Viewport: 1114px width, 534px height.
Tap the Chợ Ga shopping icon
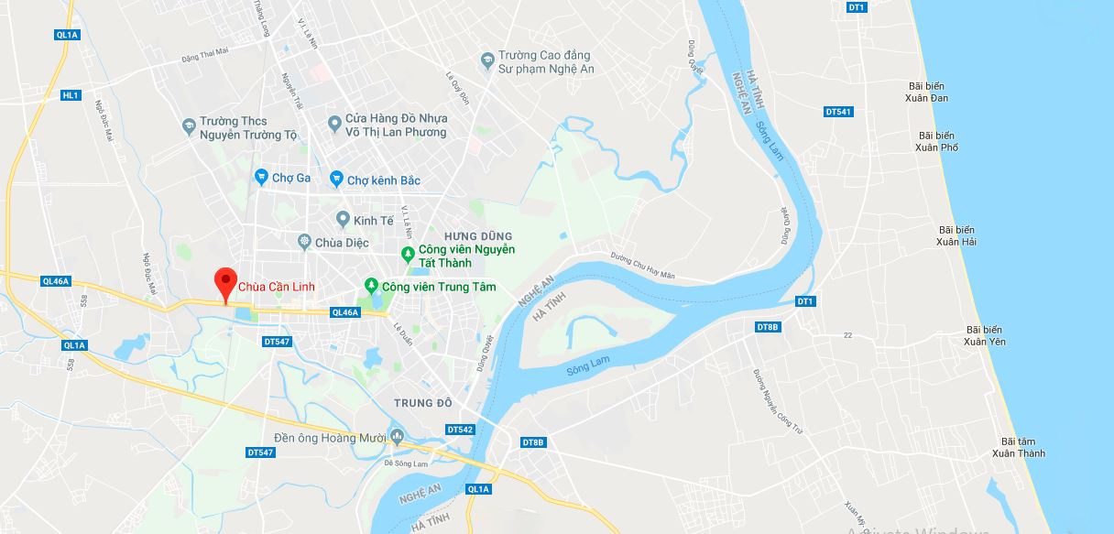[x=262, y=178]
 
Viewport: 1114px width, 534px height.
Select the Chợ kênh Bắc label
[x=383, y=180]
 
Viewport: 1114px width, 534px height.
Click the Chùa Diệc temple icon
[x=304, y=242]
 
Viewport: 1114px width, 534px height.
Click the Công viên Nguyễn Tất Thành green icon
[x=408, y=254]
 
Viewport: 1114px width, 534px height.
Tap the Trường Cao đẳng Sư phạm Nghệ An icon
[x=488, y=61]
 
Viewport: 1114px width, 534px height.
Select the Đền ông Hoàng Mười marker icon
[x=396, y=436]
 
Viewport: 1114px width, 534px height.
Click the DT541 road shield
[x=837, y=112]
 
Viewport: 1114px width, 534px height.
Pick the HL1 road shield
[x=71, y=95]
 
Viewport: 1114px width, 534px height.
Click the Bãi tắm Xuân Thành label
[x=1017, y=447]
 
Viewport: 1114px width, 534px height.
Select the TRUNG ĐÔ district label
[x=423, y=403]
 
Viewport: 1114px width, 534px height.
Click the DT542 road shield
[x=459, y=430]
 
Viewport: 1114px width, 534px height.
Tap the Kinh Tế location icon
[x=343, y=219]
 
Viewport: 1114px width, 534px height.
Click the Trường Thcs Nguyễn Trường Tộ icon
[x=189, y=124]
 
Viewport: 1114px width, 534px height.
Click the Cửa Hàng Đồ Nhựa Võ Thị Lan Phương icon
[x=335, y=121]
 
